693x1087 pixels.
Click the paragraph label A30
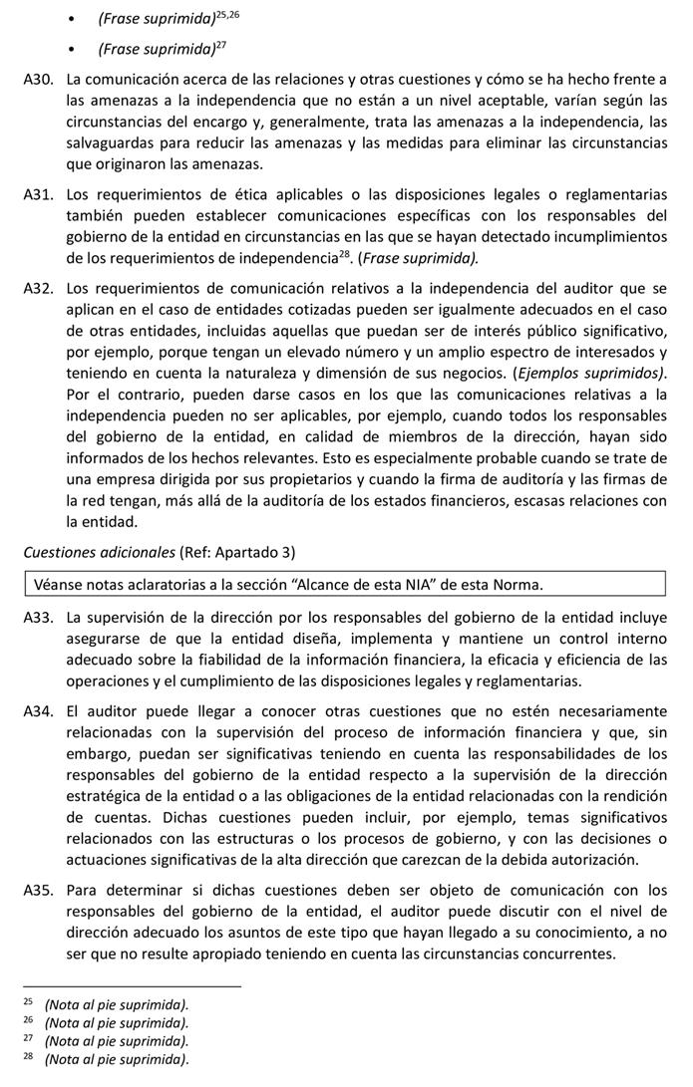click(37, 80)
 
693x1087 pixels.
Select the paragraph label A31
click(37, 194)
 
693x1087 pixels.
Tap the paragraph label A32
click(37, 288)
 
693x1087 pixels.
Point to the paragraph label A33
click(37, 618)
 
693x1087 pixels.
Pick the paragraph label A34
click(37, 711)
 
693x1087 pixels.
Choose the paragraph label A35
click(37, 890)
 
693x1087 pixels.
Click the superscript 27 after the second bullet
click(220, 43)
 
